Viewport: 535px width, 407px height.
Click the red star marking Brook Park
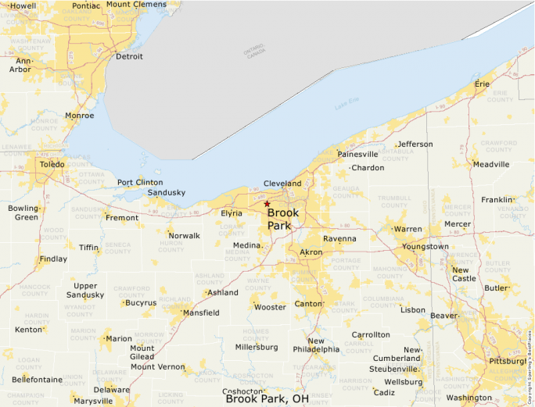[267, 204]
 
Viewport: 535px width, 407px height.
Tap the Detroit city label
[129, 57]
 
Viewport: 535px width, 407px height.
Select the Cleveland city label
[282, 184]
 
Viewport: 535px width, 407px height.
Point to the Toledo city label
[52, 165]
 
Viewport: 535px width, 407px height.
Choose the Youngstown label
[425, 247]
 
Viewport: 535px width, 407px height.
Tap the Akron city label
[311, 253]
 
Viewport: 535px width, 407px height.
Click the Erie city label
[482, 84]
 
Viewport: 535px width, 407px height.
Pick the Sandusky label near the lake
[167, 192]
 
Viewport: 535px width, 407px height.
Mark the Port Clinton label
[140, 183]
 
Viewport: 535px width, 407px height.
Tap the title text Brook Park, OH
[267, 399]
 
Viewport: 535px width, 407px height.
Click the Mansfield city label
[201, 313]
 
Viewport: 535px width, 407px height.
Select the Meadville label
[491, 165]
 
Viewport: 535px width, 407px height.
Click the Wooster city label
[270, 307]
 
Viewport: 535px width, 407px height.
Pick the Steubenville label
[394, 369]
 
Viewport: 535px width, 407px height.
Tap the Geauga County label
[346, 192]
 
